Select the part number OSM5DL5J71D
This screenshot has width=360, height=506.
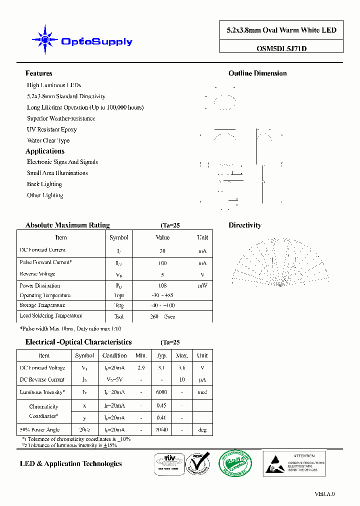pyautogui.click(x=281, y=49)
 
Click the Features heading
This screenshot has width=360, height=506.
pyautogui.click(x=38, y=73)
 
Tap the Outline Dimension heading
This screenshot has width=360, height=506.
pyautogui.click(x=257, y=73)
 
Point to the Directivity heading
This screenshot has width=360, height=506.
pyautogui.click(x=244, y=225)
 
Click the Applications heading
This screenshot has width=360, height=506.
pyautogui.click(x=45, y=151)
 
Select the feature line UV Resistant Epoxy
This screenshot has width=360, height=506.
pyautogui.click(x=51, y=129)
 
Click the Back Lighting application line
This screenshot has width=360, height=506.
pyautogui.click(x=44, y=184)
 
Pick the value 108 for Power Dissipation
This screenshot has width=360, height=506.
pyautogui.click(x=162, y=286)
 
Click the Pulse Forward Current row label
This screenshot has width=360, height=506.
pyautogui.click(x=45, y=262)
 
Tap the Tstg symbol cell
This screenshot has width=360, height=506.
pyautogui.click(x=118, y=305)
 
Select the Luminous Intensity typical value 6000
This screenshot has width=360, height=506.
pyautogui.click(x=161, y=392)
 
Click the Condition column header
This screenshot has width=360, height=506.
pyautogui.click(x=114, y=355)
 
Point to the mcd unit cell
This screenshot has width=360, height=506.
pyautogui.click(x=202, y=392)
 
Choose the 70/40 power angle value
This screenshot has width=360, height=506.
pyautogui.click(x=161, y=429)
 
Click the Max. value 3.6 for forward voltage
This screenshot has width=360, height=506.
pyautogui.click(x=182, y=367)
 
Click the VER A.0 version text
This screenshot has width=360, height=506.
pyautogui.click(x=324, y=494)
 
